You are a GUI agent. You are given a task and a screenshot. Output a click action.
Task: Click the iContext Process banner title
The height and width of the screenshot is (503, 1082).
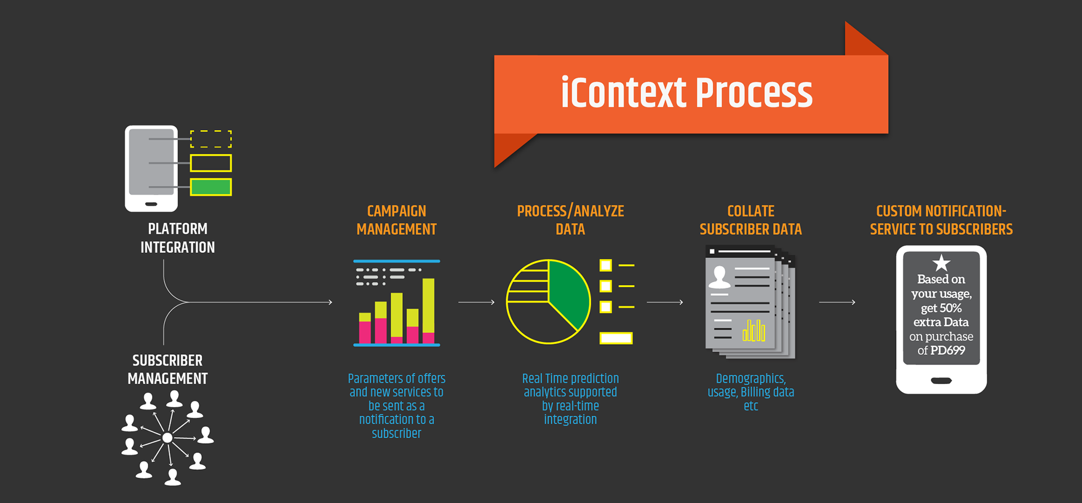[x=686, y=93]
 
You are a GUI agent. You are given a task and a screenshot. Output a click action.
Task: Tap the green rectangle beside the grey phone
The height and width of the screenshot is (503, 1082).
[x=211, y=187]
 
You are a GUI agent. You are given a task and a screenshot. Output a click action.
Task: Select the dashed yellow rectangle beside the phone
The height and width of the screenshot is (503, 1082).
[x=211, y=139]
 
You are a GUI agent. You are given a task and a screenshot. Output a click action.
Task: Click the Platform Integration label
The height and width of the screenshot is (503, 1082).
[x=178, y=238]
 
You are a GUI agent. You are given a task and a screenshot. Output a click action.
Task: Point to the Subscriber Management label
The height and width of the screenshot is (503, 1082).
[x=167, y=370]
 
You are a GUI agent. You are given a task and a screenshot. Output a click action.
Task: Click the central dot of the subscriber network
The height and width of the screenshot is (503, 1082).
[x=167, y=438]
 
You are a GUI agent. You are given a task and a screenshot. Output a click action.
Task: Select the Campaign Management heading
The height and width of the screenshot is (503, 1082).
[x=396, y=220]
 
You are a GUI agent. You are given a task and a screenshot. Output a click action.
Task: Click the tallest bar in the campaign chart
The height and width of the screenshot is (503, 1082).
[x=428, y=307]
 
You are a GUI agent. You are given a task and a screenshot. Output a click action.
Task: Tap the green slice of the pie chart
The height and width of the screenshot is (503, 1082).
[x=568, y=293]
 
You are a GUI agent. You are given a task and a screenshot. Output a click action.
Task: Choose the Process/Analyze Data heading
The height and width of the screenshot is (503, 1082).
[x=570, y=220]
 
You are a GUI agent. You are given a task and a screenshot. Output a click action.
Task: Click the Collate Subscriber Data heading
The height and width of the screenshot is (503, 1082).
[x=751, y=220]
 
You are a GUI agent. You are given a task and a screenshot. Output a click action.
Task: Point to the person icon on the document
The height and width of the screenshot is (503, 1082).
[x=719, y=277]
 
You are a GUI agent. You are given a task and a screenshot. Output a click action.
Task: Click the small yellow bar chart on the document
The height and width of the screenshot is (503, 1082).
[x=753, y=331]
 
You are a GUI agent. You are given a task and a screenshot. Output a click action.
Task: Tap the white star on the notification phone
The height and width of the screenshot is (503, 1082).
[x=941, y=262]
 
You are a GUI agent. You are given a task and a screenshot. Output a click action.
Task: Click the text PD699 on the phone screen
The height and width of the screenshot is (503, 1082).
[x=948, y=350]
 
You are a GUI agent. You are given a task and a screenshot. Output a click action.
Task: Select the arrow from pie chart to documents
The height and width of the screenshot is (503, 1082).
[x=665, y=302]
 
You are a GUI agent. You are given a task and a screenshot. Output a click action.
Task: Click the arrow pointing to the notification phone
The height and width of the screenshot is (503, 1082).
[x=837, y=302]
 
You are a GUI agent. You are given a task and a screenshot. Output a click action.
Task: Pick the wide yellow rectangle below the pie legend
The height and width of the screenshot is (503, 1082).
[x=616, y=338]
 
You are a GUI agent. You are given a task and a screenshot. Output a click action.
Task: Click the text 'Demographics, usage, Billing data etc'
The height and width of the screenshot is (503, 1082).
[x=751, y=392]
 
